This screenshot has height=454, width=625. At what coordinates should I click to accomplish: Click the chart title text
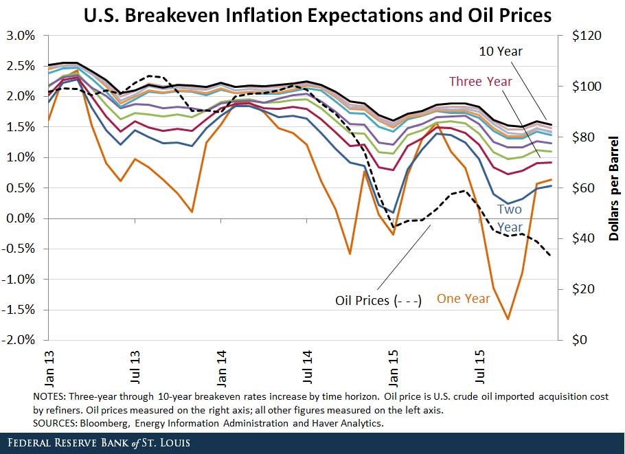(318, 16)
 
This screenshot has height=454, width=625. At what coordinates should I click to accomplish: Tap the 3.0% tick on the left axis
(20, 36)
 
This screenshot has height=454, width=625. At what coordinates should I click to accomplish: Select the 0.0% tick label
(20, 218)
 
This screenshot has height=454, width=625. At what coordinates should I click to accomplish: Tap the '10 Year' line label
(501, 52)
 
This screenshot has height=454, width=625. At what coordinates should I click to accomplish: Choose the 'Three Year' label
(480, 82)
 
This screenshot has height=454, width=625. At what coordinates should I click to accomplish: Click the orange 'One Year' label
(464, 298)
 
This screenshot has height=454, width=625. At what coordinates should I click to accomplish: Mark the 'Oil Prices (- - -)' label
(378, 300)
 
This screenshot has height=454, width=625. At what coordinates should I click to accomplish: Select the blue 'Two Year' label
(510, 218)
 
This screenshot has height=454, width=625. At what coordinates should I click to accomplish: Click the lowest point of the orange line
(508, 319)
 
